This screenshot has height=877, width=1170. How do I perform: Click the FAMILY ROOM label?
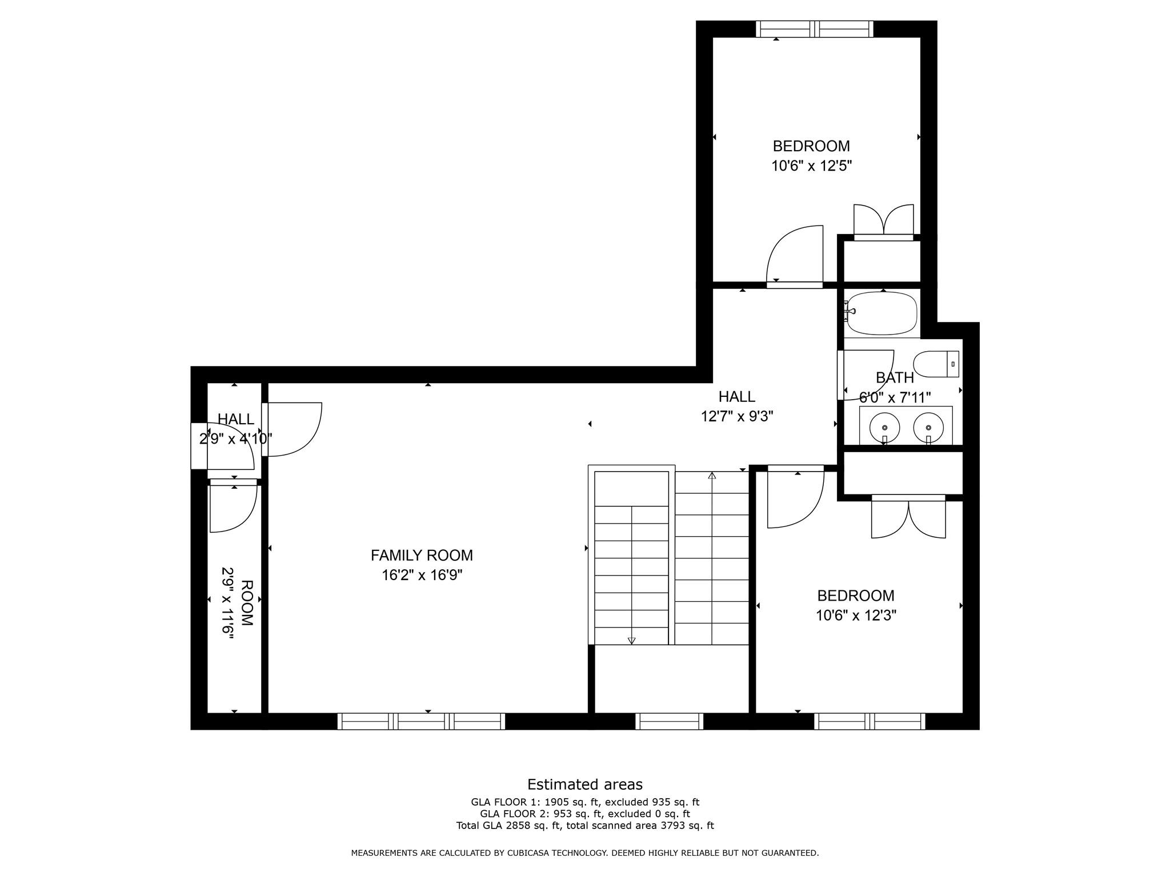[422, 555]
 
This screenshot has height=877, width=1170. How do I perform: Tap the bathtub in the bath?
[881, 313]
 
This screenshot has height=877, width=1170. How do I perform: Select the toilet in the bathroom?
[936, 364]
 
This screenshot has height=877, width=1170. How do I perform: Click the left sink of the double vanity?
[884, 427]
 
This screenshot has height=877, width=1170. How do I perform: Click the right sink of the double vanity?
[928, 427]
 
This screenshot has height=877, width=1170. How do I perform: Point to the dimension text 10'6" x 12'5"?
[811, 166]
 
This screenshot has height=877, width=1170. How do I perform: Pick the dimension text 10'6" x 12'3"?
[856, 615]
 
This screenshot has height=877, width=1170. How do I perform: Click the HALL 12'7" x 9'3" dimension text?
[737, 416]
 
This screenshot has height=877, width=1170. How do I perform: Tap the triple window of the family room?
[421, 721]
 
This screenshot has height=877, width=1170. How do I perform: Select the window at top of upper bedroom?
[814, 29]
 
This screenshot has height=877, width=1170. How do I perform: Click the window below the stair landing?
[669, 721]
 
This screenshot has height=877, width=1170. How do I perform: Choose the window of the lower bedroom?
[870, 721]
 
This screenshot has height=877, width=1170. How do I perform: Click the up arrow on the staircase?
[712, 476]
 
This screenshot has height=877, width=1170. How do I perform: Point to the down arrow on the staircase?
[631, 641]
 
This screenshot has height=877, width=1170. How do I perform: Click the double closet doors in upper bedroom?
[883, 222]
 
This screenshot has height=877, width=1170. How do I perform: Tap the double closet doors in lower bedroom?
[908, 518]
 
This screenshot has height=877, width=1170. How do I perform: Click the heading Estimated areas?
[584, 785]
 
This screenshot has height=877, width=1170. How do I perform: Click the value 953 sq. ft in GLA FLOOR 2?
[563, 814]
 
